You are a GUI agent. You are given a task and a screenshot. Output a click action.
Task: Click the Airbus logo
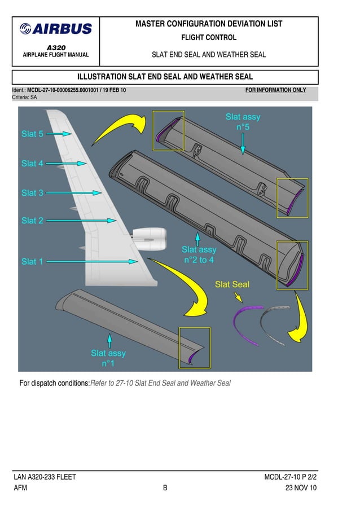coord(55,29)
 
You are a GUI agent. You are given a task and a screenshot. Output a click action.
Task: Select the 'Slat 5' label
coord(32,134)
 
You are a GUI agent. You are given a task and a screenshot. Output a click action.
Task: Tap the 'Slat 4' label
coord(32,164)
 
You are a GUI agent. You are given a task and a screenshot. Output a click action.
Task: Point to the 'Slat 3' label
coord(32,193)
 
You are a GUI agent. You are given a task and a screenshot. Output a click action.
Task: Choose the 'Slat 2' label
coord(32,221)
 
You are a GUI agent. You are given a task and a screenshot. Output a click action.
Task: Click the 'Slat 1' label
coord(32,262)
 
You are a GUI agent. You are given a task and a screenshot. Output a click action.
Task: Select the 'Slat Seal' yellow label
coord(232,284)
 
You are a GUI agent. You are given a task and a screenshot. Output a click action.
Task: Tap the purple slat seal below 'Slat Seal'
coord(246,326)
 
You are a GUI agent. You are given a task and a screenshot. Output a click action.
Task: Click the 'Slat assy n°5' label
coord(243,122)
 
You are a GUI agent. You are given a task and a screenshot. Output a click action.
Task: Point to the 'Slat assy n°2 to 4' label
coord(199,254)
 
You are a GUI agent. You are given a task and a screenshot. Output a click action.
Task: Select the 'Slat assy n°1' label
coord(108,358)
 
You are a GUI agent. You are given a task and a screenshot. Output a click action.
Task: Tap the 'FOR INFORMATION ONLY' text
coord(275,90)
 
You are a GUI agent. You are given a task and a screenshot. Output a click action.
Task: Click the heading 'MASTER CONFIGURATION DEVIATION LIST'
coord(209,24)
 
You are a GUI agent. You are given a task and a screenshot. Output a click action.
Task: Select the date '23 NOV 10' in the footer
coord(301,489)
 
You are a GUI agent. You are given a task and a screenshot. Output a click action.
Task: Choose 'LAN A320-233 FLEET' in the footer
coord(45,477)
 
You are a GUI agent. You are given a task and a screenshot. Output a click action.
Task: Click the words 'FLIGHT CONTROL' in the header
coord(209,38)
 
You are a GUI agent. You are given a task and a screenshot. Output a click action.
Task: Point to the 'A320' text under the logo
coord(55,48)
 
